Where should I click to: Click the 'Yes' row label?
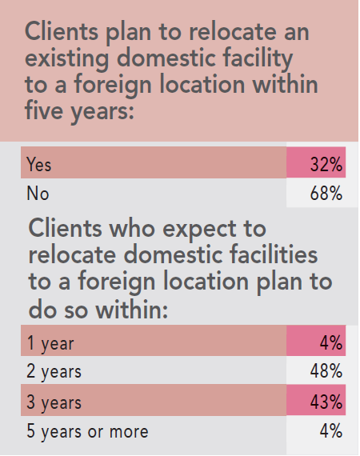click(38, 164)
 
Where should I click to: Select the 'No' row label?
click(36, 194)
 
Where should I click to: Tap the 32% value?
click(326, 164)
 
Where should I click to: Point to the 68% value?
click(326, 194)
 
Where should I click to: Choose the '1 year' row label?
click(50, 343)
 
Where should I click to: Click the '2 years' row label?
click(54, 372)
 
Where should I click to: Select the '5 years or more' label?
click(87, 431)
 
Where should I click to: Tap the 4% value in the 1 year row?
click(331, 343)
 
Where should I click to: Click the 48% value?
click(326, 372)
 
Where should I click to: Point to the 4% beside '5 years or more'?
click(331, 431)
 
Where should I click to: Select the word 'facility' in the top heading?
click(255, 59)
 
